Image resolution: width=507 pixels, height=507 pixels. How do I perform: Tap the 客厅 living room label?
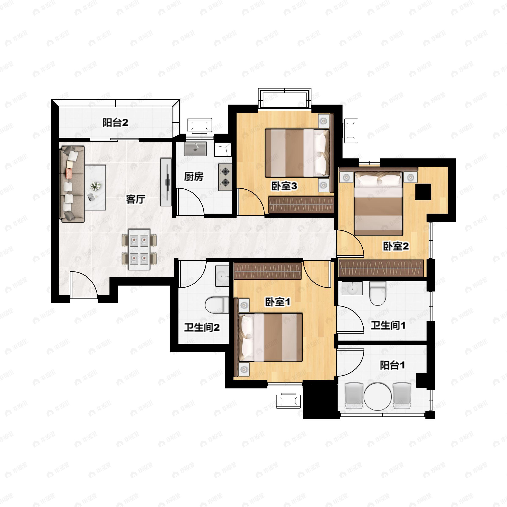(135, 199)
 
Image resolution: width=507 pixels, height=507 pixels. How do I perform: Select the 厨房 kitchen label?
(194, 177)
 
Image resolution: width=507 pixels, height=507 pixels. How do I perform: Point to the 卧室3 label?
(284, 186)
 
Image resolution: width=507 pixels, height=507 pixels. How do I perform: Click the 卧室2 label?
(396, 246)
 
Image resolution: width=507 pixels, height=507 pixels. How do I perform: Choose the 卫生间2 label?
(202, 327)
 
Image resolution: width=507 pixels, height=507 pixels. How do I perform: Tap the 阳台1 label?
(392, 365)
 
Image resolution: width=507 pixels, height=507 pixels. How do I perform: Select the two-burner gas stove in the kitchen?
(225, 177)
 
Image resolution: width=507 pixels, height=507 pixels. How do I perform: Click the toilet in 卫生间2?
(217, 305)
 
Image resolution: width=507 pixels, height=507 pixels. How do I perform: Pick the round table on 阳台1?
(378, 396)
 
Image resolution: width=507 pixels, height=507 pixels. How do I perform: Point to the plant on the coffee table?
(95, 186)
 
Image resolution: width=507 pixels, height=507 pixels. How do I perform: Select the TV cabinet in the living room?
(166, 182)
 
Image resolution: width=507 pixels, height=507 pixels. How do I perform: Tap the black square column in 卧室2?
(423, 192)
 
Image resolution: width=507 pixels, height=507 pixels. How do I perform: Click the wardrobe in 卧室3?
(301, 204)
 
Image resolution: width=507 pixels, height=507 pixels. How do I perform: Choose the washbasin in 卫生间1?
(352, 288)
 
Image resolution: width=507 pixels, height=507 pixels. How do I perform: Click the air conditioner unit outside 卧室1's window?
(288, 401)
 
